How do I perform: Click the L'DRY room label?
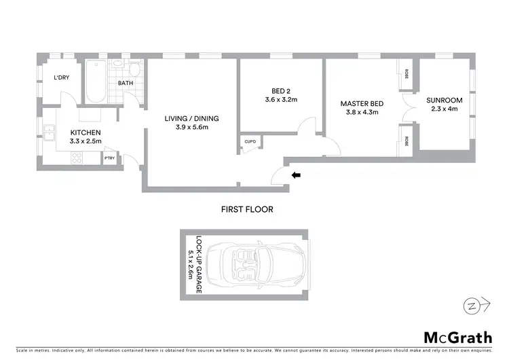coord(61,78)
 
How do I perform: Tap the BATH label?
coord(126,84)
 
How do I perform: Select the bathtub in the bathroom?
coord(96,83)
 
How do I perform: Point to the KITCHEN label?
coord(85,132)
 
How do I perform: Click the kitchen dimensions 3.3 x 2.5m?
coord(85,141)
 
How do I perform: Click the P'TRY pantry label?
coord(110,158)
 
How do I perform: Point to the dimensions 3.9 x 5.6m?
coord(191,128)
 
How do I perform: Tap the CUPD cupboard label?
coord(250,142)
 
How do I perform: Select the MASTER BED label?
coord(362,103)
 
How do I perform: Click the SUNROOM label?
coord(445,101)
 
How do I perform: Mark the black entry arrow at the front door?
coord(295,175)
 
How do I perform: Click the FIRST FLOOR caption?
coord(247,209)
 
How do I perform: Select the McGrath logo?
coord(457,338)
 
